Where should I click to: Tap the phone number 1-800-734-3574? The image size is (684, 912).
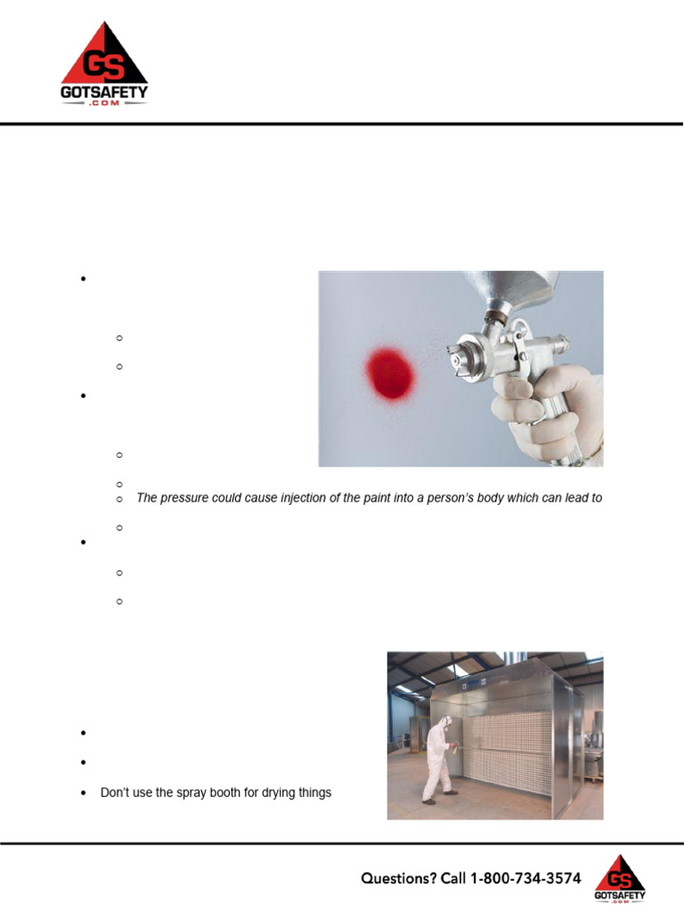click(x=525, y=878)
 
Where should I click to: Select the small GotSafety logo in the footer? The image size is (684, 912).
click(x=621, y=877)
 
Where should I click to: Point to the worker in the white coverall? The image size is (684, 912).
click(x=438, y=756)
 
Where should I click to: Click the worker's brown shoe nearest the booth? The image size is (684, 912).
click(x=451, y=792)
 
